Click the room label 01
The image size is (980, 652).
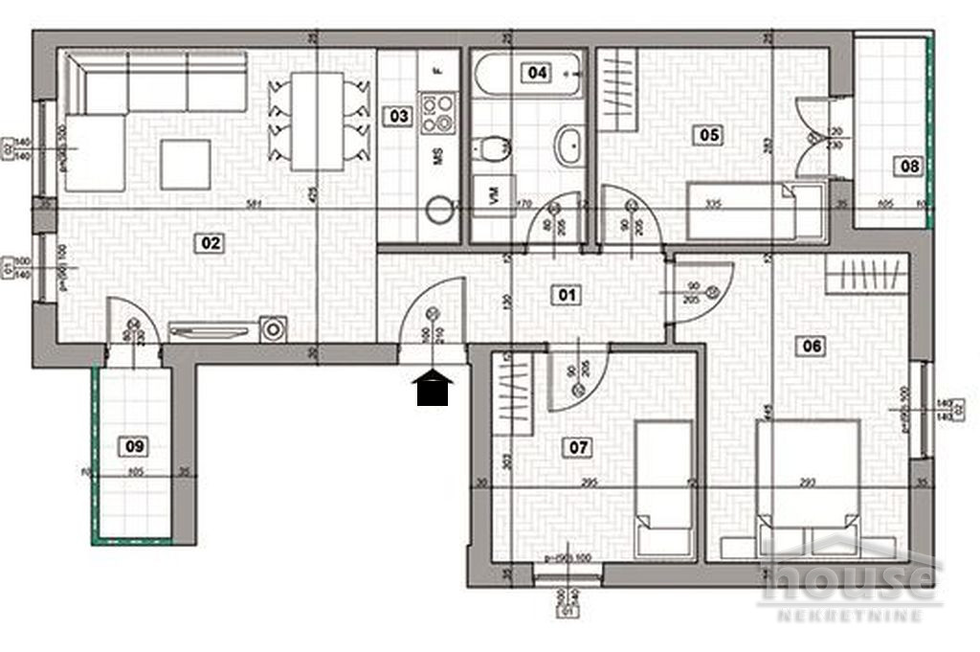pos(568,295)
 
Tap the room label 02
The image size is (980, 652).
pos(211,243)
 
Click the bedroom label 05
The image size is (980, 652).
pos(709,135)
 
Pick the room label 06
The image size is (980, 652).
pos(812,347)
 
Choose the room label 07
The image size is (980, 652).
pos(579,447)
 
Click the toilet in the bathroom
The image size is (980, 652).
pos(493,149)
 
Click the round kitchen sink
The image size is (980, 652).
pos(439,210)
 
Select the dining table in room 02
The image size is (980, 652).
pos(319,121)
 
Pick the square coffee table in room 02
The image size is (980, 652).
pos(185,165)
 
